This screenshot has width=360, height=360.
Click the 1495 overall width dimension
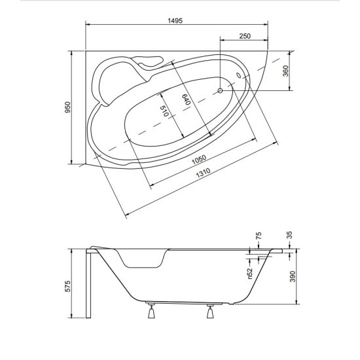(175, 21)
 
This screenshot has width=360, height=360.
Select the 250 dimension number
(245, 36)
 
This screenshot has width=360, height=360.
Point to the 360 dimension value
(285, 71)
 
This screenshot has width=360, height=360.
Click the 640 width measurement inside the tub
(187, 99)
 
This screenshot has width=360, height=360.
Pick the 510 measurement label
(164, 111)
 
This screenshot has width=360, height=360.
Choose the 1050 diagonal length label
(199, 160)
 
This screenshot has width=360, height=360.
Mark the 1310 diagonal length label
(203, 173)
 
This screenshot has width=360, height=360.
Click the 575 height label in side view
(68, 286)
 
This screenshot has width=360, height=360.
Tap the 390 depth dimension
(293, 276)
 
